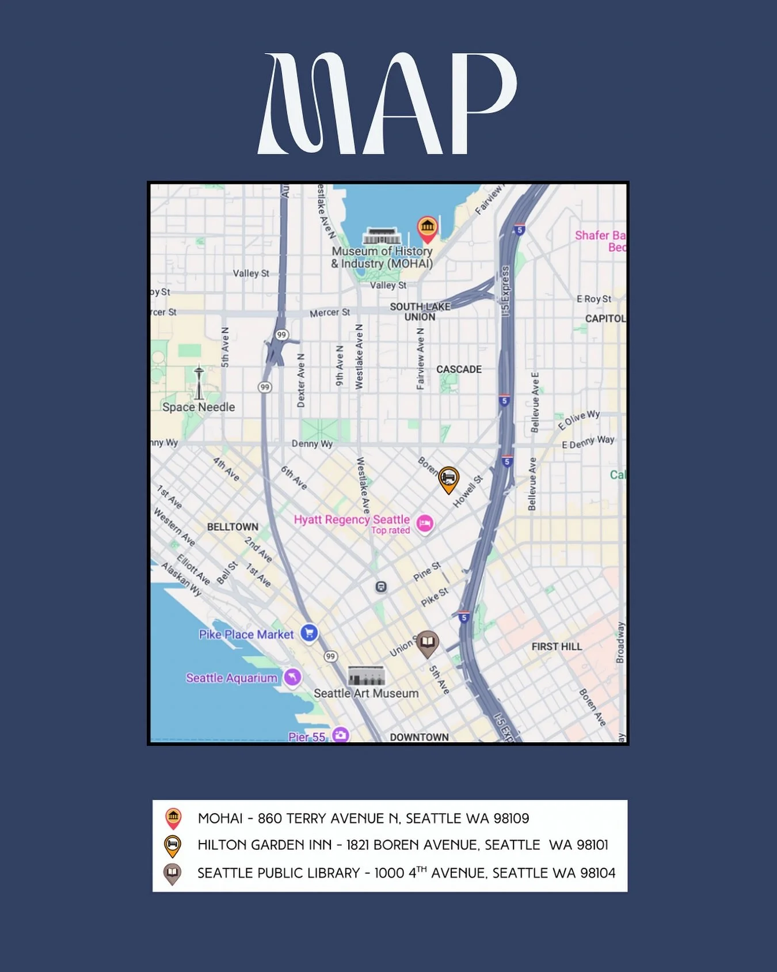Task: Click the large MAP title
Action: click(x=387, y=104)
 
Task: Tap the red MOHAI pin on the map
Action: click(x=427, y=229)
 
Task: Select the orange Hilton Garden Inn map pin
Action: click(x=448, y=479)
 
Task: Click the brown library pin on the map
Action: click(x=427, y=643)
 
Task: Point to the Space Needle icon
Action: click(x=199, y=382)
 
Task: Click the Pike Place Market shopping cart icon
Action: click(x=309, y=633)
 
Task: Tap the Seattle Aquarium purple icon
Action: click(x=292, y=677)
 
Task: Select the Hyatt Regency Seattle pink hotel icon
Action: click(x=425, y=523)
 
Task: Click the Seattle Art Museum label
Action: click(x=366, y=694)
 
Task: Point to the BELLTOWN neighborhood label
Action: click(x=233, y=527)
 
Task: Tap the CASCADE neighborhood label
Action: click(x=459, y=369)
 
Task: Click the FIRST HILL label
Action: click(x=557, y=647)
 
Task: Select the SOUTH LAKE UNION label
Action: click(x=420, y=312)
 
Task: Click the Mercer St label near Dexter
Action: click(x=329, y=313)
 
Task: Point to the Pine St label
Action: click(x=427, y=571)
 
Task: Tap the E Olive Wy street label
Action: click(x=578, y=420)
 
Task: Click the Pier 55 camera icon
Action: click(x=341, y=735)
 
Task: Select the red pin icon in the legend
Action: click(x=173, y=818)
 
